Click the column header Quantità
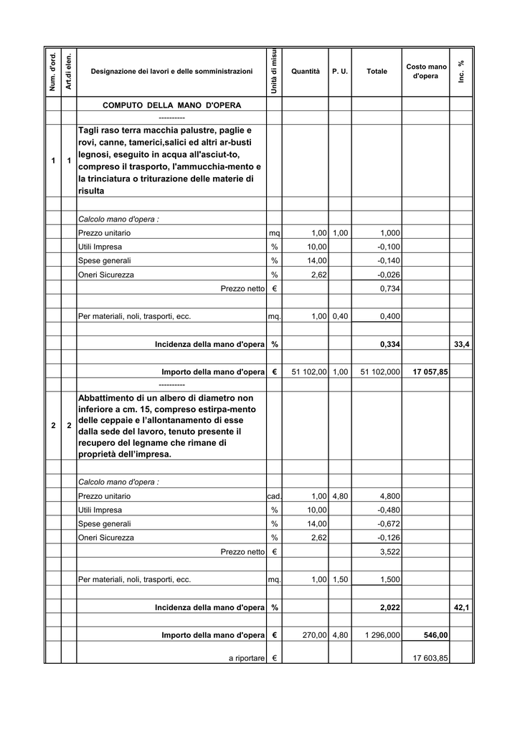(x=306, y=72)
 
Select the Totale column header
(x=377, y=72)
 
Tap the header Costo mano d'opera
(x=426, y=71)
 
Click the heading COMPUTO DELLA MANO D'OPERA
(x=172, y=105)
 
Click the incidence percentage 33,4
(x=462, y=345)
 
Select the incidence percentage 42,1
(x=462, y=608)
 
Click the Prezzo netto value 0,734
(x=389, y=288)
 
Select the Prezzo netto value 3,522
(x=389, y=552)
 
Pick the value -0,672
(x=389, y=524)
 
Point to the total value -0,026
(x=389, y=275)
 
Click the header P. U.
(x=340, y=72)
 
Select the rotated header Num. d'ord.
(x=52, y=72)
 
